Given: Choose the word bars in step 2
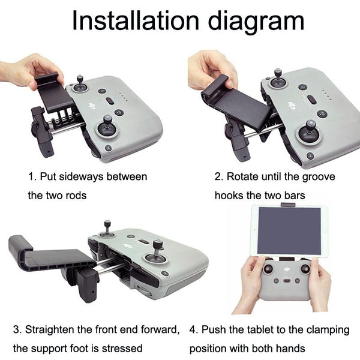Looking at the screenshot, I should click(x=296, y=196).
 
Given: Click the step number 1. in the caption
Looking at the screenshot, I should click(x=32, y=177).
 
